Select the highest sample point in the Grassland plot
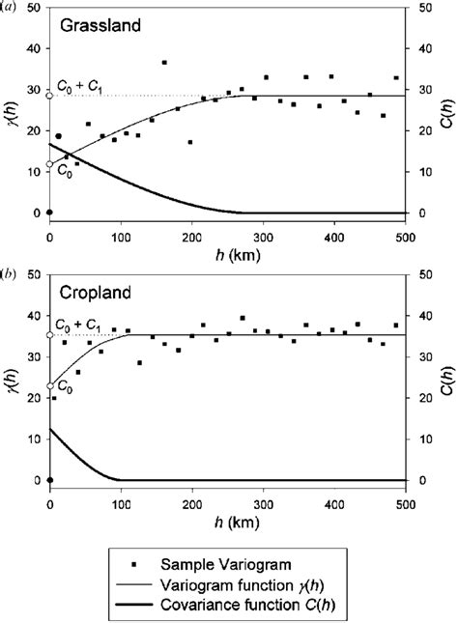(164, 63)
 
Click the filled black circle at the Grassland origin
(49, 212)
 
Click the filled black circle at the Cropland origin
(49, 480)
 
